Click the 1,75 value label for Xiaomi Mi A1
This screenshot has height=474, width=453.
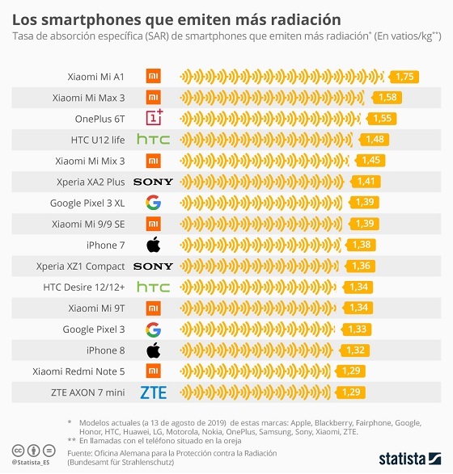[x=404, y=77]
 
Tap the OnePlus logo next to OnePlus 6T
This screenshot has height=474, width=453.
[x=154, y=119]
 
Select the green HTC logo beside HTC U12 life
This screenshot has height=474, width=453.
[x=153, y=140]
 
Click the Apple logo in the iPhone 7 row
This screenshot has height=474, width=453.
[x=153, y=245]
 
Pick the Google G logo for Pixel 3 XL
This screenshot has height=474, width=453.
[x=153, y=203]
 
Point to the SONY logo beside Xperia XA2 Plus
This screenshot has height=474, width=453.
[x=153, y=182]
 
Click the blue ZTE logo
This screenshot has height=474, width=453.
[x=153, y=392]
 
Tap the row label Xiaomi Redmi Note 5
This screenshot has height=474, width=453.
[x=78, y=371]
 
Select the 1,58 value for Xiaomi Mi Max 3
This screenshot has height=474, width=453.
[x=387, y=98]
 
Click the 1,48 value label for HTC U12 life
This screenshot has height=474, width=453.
[x=375, y=140]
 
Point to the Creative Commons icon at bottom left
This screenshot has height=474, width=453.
[x=18, y=450]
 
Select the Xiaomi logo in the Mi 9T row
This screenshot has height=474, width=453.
[x=153, y=308]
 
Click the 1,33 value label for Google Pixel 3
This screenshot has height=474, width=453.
[x=356, y=329]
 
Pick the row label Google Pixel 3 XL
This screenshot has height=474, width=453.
[x=87, y=203]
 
